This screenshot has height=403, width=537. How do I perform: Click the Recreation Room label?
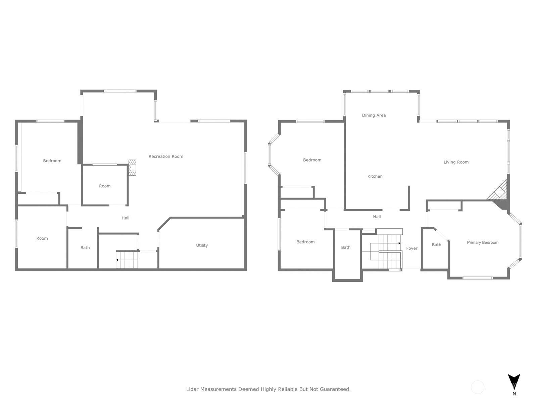pos(166,156)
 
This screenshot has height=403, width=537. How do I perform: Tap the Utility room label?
pos(202,245)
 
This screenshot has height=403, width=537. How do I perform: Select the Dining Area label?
pos(374,115)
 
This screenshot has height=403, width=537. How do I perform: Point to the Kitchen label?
pos(375,176)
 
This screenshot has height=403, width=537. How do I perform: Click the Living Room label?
pos(456,162)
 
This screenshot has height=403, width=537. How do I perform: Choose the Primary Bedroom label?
pos(482,242)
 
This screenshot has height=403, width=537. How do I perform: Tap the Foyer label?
pos(412,249)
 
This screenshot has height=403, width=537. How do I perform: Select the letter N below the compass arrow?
pos(514,394)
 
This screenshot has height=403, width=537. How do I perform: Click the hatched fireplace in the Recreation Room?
pos(132,168)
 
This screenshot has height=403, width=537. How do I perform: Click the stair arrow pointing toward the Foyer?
pos(389,243)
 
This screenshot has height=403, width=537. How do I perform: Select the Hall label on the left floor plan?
pos(126,218)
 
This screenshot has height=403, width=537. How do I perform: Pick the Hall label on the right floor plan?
pos(377,217)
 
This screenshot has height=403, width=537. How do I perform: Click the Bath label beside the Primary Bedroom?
pos(436,245)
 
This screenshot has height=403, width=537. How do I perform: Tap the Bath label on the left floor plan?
pos(85,248)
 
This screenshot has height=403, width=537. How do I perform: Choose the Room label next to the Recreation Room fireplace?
pos(105,186)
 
